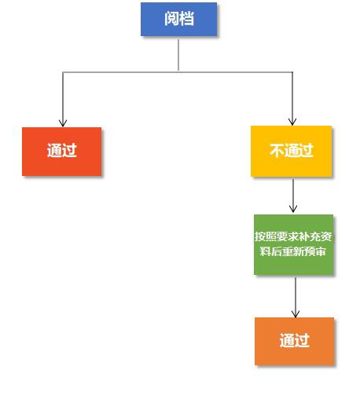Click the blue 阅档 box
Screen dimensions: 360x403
[x=178, y=20]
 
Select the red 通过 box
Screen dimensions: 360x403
[x=62, y=152]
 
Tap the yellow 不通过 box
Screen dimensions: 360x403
[x=291, y=151]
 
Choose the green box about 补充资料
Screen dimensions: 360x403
[x=293, y=244]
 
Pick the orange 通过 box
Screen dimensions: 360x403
[x=294, y=341]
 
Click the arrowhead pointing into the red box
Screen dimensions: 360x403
[x=63, y=123]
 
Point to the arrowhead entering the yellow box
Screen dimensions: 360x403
[x=292, y=122]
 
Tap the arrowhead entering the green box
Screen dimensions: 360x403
[x=293, y=209]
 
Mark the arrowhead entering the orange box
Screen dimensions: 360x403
[x=296, y=313]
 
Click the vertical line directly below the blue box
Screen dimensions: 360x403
[x=178, y=55]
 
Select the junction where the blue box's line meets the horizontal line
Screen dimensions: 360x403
[x=178, y=71]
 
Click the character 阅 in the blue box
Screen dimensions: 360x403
[x=171, y=19]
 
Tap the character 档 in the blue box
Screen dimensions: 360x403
[x=186, y=19]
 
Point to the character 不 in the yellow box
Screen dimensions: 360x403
[x=277, y=151]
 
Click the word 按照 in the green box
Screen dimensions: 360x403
[x=264, y=236]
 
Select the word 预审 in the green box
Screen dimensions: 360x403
[x=316, y=251]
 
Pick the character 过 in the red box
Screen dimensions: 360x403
[x=69, y=150]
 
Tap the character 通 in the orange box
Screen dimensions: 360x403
[x=287, y=340]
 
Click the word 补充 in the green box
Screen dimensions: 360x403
[x=304, y=236]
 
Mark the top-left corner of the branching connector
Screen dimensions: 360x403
[x=63, y=72]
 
